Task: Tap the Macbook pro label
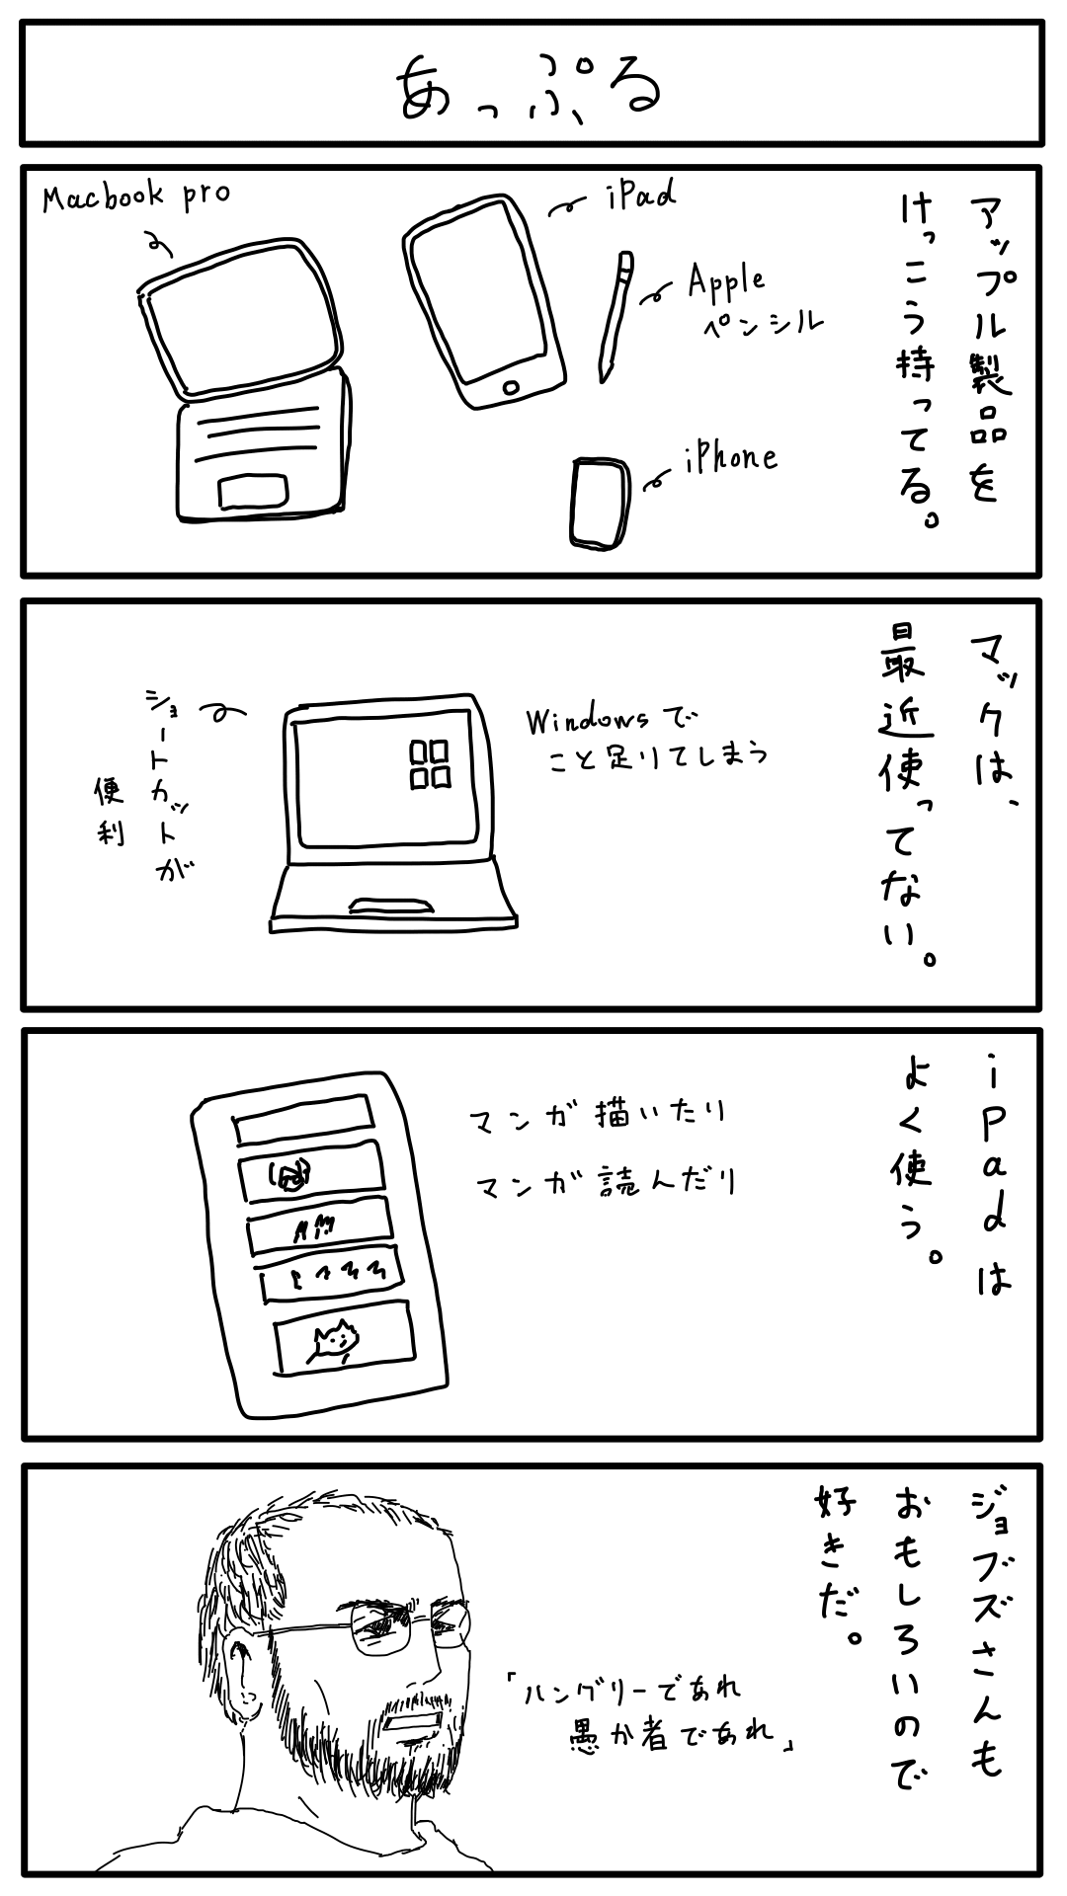pos(135,195)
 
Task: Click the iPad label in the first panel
pos(642,196)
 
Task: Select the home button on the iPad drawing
pos(511,384)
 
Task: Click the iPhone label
pos(730,456)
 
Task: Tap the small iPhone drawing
pos(600,503)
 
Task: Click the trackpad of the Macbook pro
pos(254,491)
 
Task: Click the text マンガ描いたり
pos(599,1116)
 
